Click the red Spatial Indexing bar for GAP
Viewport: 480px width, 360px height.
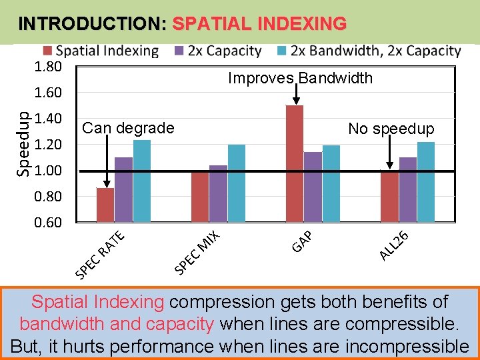click(294, 163)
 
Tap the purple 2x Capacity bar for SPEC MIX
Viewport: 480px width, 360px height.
click(218, 193)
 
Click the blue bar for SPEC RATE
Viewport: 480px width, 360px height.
click(142, 180)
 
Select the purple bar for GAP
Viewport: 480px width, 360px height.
click(313, 187)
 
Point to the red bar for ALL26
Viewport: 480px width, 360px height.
click(389, 195)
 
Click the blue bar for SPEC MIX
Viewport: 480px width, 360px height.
click(237, 183)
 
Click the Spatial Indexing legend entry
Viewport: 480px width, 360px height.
click(100, 51)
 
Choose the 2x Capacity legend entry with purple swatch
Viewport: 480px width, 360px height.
click(217, 51)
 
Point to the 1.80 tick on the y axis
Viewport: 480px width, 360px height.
click(48, 67)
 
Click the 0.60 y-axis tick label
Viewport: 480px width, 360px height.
click(48, 222)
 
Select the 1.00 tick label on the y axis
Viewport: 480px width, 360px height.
click(48, 171)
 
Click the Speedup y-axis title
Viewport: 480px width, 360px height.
click(23, 144)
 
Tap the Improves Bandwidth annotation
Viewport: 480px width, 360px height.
click(300, 78)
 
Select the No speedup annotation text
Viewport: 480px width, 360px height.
click(391, 129)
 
